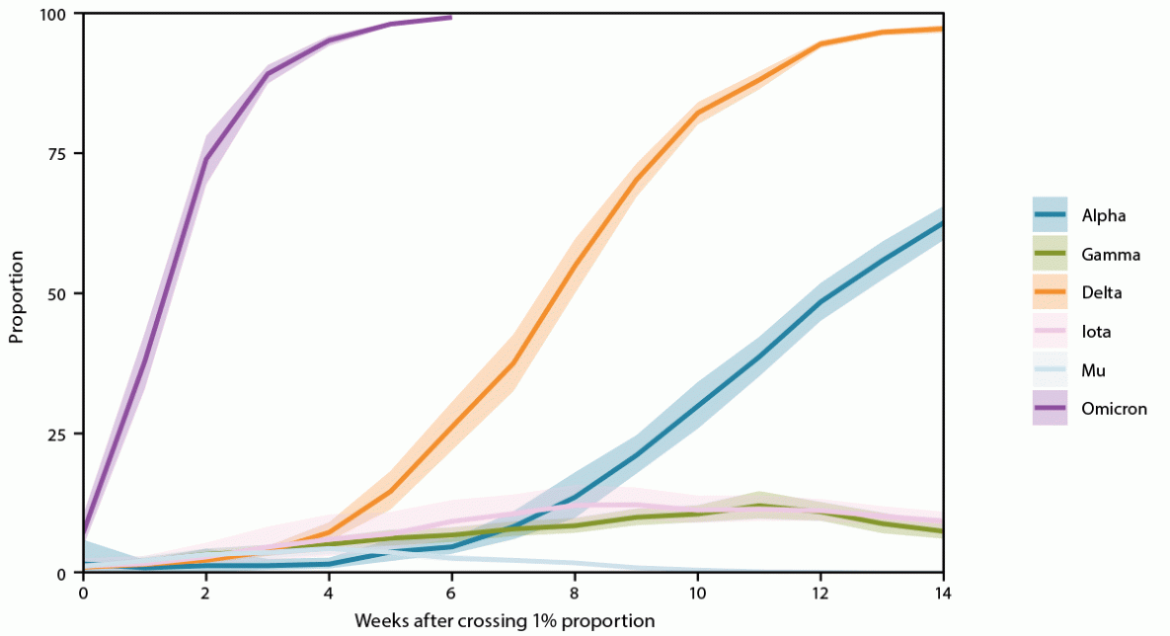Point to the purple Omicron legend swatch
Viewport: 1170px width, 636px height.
[x=1050, y=409]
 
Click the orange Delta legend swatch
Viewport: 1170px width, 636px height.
[x=1050, y=292]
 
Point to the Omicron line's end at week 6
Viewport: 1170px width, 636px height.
[x=451, y=17]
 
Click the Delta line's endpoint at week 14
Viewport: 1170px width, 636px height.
[x=942, y=29]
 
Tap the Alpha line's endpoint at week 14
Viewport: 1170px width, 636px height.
[x=942, y=223]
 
